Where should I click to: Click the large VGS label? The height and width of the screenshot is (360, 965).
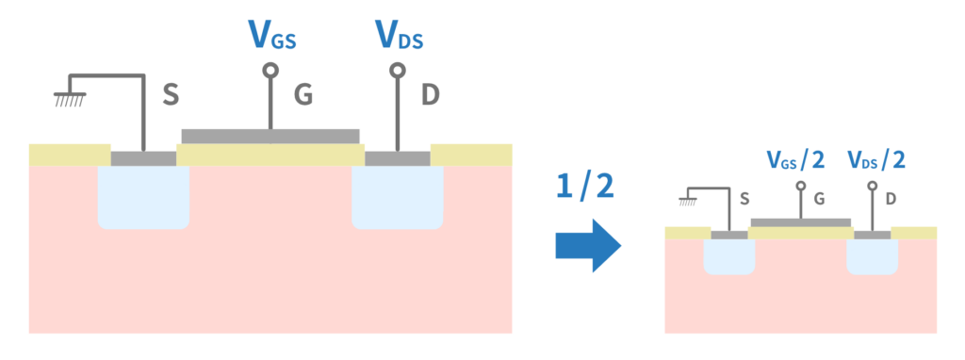tap(271, 35)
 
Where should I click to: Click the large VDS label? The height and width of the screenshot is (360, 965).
tap(400, 35)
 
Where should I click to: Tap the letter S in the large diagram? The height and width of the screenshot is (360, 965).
tap(171, 95)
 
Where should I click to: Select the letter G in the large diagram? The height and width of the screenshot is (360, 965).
tap(303, 95)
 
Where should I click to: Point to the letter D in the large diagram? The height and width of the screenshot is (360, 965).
tap(430, 95)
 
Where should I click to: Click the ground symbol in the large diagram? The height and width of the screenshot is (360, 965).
tap(69, 99)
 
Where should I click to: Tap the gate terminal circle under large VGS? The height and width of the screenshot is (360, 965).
tap(270, 70)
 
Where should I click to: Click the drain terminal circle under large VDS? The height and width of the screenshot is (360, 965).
tap(398, 70)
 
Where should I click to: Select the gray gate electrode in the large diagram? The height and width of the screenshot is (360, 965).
tap(270, 136)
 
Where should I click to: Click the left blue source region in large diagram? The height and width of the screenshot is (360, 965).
tap(143, 197)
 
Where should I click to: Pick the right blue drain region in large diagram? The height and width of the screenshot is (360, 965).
tap(398, 197)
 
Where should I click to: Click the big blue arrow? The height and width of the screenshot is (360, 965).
tap(588, 245)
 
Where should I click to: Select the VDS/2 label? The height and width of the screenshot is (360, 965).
tap(876, 160)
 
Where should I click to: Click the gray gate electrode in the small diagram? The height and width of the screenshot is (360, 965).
tap(801, 222)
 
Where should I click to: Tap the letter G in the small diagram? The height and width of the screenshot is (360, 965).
tap(819, 200)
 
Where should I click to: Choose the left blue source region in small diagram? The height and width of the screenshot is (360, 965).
tap(729, 256)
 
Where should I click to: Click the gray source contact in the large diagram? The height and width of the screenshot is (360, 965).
tap(143, 158)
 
